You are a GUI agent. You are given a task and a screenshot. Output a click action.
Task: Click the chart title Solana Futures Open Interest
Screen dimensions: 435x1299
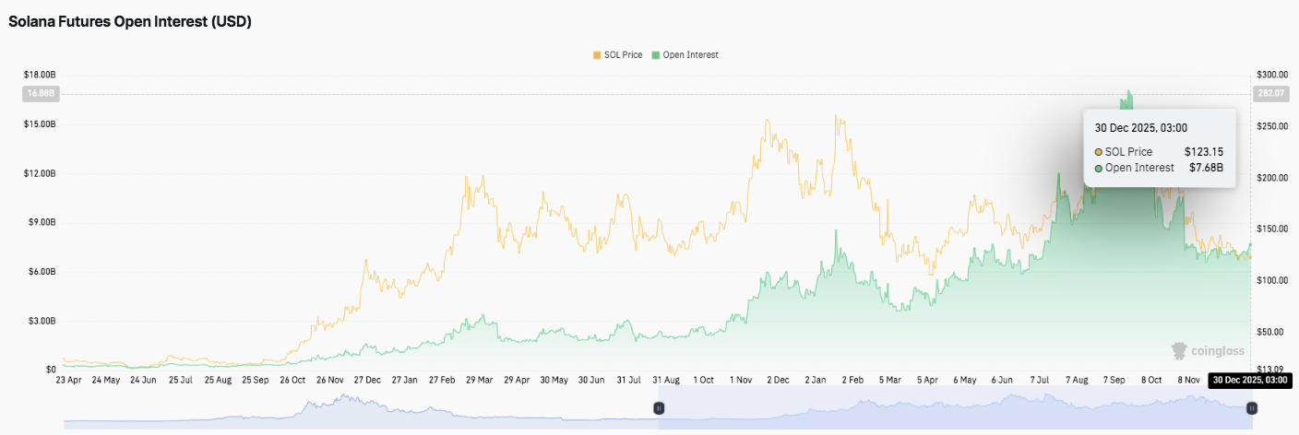pyautogui.click(x=130, y=22)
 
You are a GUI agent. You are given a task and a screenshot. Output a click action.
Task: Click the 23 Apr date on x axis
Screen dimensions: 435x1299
pyautogui.click(x=69, y=380)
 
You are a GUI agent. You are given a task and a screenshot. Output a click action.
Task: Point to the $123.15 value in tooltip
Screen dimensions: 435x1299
pyautogui.click(x=1204, y=151)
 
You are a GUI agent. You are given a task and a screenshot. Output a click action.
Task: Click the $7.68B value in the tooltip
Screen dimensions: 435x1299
pyautogui.click(x=1206, y=168)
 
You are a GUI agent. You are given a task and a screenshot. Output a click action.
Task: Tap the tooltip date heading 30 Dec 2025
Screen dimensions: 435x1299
pyautogui.click(x=1140, y=128)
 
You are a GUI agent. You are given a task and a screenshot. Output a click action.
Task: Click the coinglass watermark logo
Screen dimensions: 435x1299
pyautogui.click(x=1208, y=350)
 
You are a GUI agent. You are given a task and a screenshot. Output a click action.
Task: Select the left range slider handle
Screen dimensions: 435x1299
pyautogui.click(x=659, y=407)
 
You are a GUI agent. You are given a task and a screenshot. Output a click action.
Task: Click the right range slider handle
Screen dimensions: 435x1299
pyautogui.click(x=1252, y=407)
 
